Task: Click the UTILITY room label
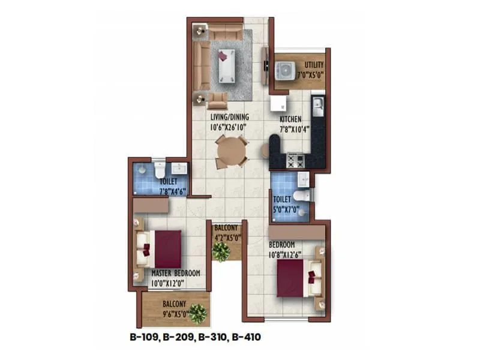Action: click(314, 65)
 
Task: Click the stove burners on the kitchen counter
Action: click(295, 160)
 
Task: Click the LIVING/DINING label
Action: click(230, 117)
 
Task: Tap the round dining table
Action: click(230, 151)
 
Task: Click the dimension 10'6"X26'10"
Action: click(230, 127)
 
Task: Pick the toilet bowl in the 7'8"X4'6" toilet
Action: click(159, 170)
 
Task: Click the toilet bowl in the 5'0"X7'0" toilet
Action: click(304, 195)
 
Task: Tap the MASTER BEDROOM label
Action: click(175, 273)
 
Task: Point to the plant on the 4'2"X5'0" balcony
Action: click(221, 252)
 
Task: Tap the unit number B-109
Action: click(144, 338)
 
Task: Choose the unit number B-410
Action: click(246, 338)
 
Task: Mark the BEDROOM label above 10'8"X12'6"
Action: click(281, 245)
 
